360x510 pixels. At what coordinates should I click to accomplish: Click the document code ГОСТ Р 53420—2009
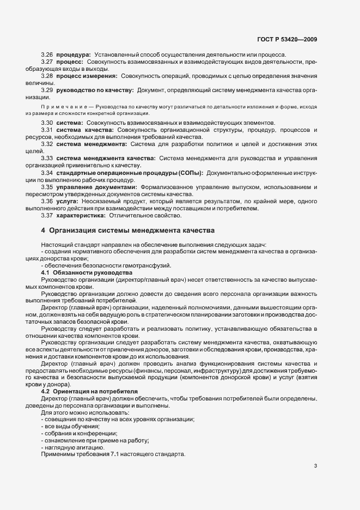coord(288,39)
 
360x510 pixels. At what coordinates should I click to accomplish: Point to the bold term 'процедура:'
coord(74,55)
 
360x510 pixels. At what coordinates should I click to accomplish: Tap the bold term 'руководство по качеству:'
coord(95,89)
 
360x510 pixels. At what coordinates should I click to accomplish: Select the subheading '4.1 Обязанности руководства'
coord(86,271)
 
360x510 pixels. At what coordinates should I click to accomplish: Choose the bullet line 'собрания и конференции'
coord(76,433)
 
